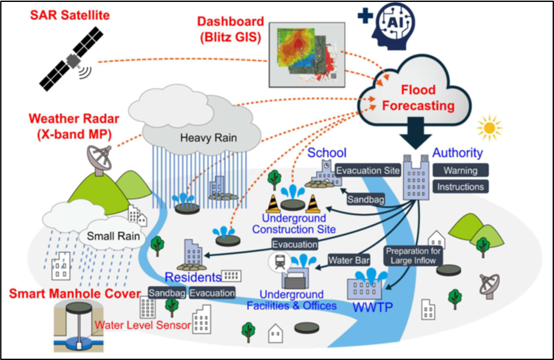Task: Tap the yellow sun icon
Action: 489,128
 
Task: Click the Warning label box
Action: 460,171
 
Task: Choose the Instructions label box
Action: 460,187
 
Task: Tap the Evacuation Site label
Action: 367,171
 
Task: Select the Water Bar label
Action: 348,260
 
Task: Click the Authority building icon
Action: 414,177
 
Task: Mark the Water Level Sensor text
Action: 143,325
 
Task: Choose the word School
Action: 327,153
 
